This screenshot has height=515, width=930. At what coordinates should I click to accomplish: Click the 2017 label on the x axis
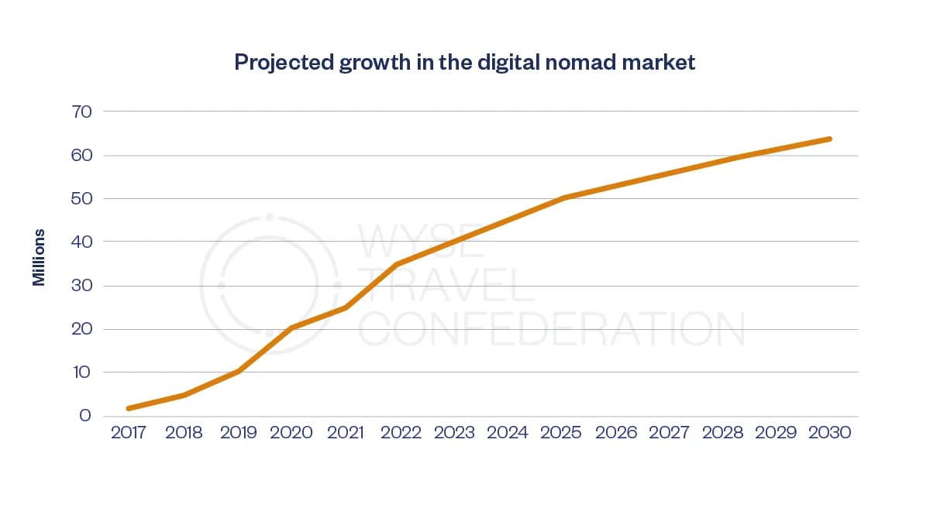coord(129,432)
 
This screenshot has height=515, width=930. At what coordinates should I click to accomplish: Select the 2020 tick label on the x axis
coord(291,432)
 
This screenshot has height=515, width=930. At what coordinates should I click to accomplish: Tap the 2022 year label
coord(400,432)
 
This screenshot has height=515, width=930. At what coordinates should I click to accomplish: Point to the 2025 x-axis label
coord(561,432)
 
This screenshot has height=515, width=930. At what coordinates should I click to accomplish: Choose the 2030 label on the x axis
coord(829,432)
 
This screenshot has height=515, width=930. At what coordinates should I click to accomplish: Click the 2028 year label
coord(722,432)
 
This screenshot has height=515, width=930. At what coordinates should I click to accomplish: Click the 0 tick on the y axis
coord(85,416)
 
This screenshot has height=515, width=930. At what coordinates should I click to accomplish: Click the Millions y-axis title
coord(39,257)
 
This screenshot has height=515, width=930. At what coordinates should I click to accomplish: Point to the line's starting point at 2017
coord(129,408)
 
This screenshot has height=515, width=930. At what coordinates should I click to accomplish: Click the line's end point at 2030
coord(830,139)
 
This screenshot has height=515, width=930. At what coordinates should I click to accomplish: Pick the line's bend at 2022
coord(397,264)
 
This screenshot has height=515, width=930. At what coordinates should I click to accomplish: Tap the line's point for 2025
coord(565,197)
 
